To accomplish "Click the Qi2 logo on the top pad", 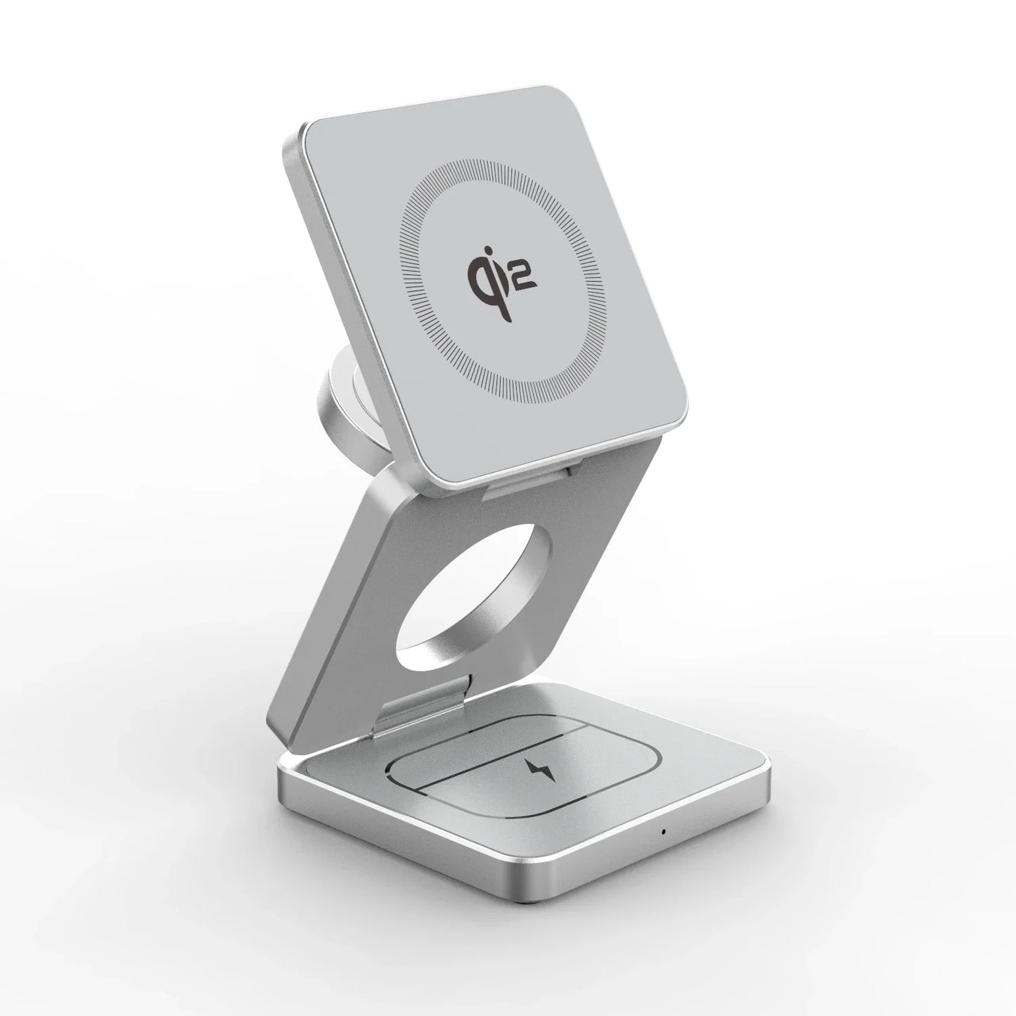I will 501,274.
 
